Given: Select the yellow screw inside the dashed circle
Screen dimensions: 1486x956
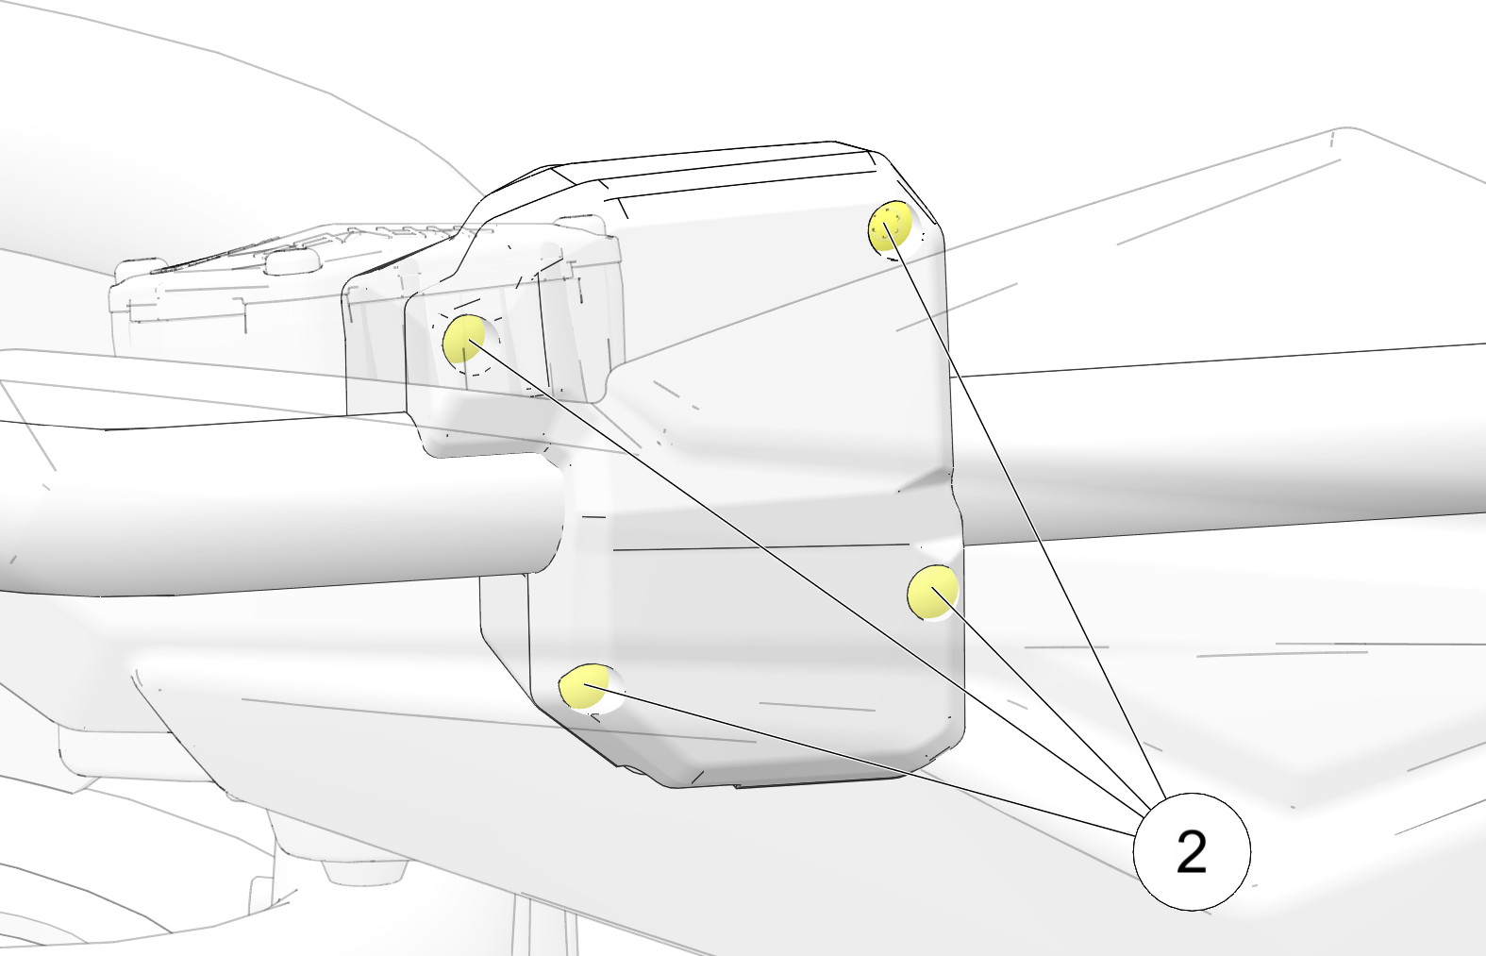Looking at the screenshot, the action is (x=464, y=339).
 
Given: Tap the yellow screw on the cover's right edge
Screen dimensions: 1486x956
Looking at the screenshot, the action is (x=932, y=592).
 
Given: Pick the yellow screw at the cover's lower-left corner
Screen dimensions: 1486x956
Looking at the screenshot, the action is (x=584, y=686).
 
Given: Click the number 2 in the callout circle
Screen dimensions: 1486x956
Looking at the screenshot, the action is (x=1192, y=852).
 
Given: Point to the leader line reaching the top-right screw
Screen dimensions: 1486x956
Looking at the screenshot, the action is (x=1025, y=511).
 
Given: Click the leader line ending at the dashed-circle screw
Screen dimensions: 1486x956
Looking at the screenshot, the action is (x=808, y=576).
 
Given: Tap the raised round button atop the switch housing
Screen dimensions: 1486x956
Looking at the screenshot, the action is (x=291, y=263).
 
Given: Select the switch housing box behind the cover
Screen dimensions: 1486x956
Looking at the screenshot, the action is (x=365, y=311).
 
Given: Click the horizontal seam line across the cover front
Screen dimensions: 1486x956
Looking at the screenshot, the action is (x=763, y=547).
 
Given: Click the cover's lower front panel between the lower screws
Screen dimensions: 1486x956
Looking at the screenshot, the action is (x=743, y=637).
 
